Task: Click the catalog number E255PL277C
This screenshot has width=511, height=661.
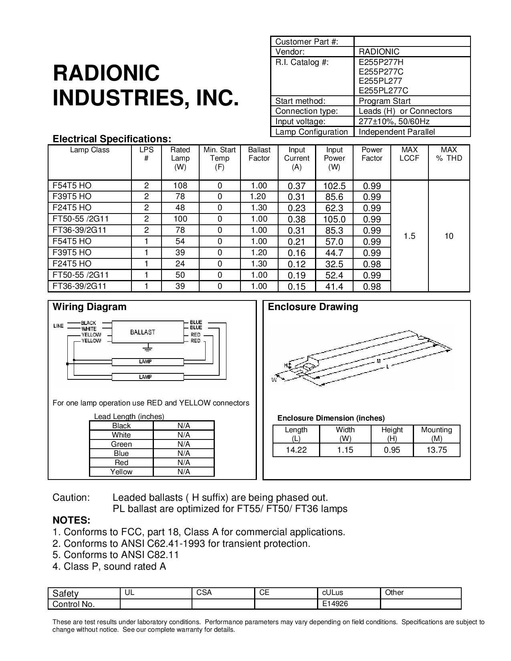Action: tap(383, 91)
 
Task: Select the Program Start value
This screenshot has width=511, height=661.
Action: tap(384, 101)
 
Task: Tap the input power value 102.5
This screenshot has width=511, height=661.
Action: tap(334, 186)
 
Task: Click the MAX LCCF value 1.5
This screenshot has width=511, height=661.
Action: tap(409, 236)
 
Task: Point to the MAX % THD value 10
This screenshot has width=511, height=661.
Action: tap(449, 236)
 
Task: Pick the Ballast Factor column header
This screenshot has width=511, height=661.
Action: tap(259, 154)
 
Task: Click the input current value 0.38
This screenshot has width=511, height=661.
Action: tap(297, 220)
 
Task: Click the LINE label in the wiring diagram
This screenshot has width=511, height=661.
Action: tap(59, 326)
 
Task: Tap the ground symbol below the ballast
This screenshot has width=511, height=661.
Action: tap(148, 347)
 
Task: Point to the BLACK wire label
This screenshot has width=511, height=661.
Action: tap(88, 323)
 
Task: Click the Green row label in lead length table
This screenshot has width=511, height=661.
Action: tap(121, 444)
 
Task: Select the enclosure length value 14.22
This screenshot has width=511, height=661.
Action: tap(296, 450)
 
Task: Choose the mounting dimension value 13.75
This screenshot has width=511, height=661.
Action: tap(436, 450)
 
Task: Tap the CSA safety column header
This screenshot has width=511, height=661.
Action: tap(204, 592)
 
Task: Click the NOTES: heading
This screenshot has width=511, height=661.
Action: tap(71, 520)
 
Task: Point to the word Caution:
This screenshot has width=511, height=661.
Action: tap(71, 498)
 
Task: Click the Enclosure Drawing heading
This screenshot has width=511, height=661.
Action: tap(313, 307)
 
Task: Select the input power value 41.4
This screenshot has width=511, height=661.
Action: tap(334, 287)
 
